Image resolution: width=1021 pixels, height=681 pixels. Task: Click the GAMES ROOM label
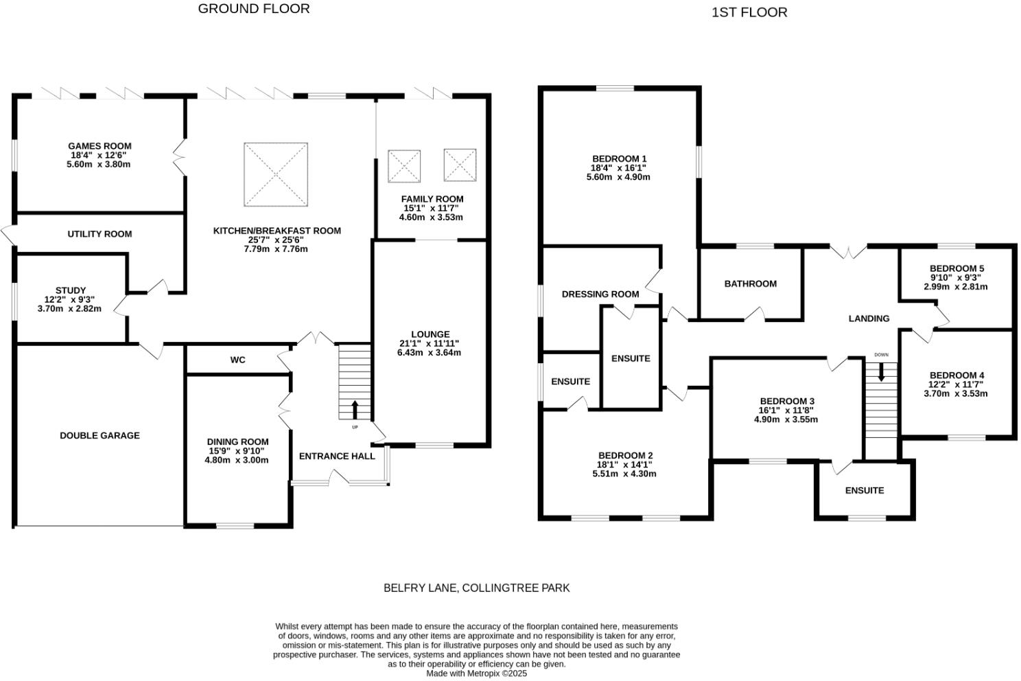(x=99, y=146)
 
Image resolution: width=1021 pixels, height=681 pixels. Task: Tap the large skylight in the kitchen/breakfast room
(x=276, y=174)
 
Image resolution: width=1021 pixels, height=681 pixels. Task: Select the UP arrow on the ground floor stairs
(x=355, y=411)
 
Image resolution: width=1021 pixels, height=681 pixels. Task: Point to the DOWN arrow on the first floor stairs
(x=881, y=372)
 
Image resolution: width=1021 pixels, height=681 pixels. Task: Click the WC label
(x=237, y=360)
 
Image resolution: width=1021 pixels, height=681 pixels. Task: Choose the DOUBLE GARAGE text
(x=99, y=435)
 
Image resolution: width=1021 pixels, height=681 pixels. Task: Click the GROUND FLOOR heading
(x=254, y=9)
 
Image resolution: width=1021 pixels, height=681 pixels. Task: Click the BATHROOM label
(x=751, y=284)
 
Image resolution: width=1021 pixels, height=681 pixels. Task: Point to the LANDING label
(x=869, y=319)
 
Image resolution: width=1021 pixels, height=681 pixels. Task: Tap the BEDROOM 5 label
(x=957, y=268)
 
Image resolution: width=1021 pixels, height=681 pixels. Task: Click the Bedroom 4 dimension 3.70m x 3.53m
(x=956, y=393)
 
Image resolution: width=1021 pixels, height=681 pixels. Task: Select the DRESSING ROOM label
(x=600, y=294)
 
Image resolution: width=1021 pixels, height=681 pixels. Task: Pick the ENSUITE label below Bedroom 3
(x=865, y=490)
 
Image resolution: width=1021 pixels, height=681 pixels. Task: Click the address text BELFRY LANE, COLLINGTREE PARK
(x=476, y=588)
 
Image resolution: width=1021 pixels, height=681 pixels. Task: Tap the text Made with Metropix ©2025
(x=476, y=673)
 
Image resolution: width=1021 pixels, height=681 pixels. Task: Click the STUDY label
(x=71, y=290)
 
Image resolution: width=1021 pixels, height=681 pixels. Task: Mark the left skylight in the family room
(x=404, y=166)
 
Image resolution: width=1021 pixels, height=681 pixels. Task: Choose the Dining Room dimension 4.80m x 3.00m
(x=237, y=460)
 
